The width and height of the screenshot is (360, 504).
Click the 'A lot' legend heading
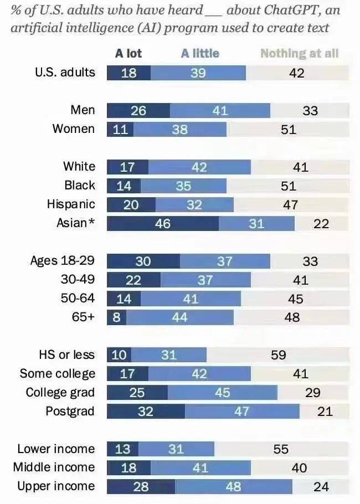(128, 53)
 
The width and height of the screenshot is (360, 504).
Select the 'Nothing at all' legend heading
(299, 53)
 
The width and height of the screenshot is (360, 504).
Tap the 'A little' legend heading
(200, 53)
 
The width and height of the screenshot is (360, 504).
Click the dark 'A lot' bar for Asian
(163, 223)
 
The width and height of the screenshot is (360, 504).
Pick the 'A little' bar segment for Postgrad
(242, 411)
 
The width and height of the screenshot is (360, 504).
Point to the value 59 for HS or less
(279, 354)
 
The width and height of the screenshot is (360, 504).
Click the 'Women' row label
(74, 128)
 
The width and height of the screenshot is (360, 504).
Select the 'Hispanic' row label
(71, 204)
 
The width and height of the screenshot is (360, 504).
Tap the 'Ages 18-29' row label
(63, 260)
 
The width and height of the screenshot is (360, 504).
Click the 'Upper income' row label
(56, 486)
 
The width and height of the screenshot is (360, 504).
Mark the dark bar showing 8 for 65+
(116, 317)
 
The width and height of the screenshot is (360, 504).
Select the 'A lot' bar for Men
(138, 110)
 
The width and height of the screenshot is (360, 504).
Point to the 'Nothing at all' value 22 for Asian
(321, 223)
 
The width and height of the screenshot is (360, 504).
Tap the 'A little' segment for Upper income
(234, 486)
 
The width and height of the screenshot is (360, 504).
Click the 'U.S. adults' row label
(65, 72)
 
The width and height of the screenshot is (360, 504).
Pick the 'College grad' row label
(60, 392)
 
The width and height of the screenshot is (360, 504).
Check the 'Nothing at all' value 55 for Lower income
(281, 449)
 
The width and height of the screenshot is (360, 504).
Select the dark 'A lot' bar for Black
(123, 186)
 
